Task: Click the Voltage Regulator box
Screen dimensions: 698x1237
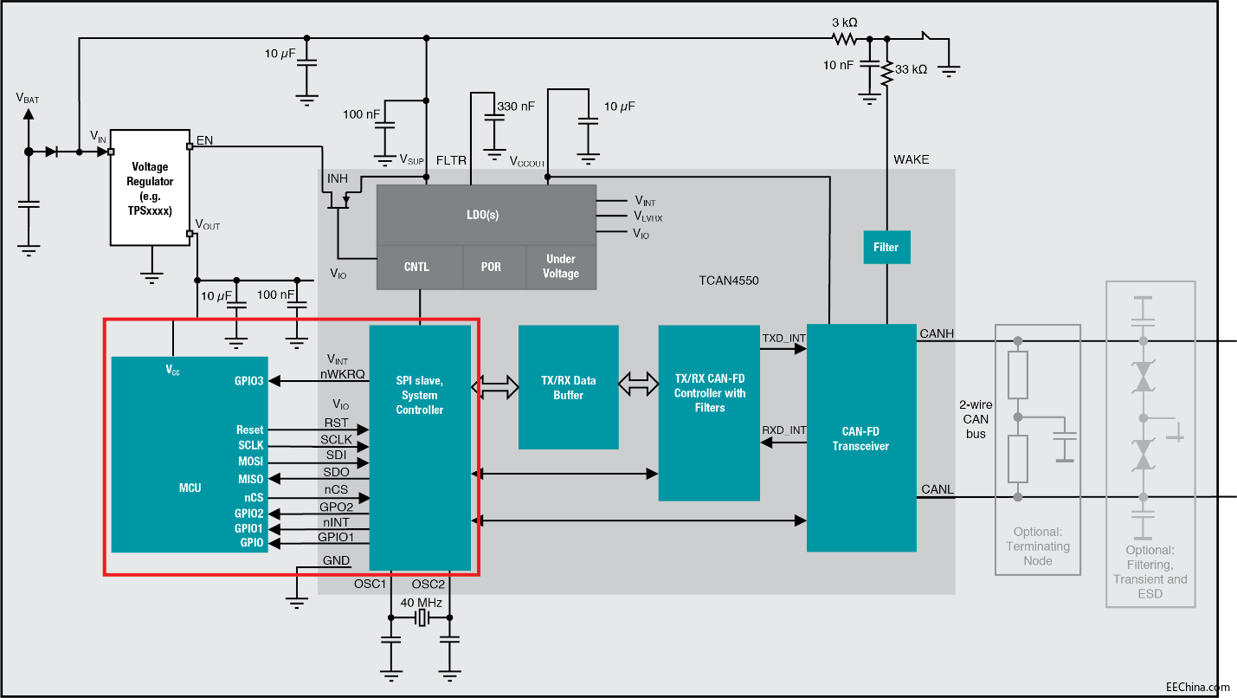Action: (151, 188)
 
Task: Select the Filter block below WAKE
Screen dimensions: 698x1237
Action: (886, 248)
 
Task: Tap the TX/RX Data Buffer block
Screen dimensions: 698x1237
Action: (568, 387)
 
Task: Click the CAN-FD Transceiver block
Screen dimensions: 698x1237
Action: (860, 438)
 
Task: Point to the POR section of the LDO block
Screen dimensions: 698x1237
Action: (491, 267)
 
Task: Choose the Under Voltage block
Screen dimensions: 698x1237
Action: (561, 267)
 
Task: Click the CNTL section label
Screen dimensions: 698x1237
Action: (416, 267)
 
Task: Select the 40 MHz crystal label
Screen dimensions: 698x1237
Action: (421, 603)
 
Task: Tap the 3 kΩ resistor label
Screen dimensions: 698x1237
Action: (844, 21)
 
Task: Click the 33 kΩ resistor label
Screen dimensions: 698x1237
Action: (911, 69)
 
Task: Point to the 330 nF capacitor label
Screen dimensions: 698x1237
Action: (516, 107)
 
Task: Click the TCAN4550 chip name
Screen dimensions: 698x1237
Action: (729, 281)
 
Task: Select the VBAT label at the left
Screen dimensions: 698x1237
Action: (28, 99)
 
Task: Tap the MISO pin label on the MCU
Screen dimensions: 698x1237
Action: (250, 479)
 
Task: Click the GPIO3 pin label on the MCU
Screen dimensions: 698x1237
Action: (248, 380)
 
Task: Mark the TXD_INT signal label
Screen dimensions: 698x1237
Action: (783, 337)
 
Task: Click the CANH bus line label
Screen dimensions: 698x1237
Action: (937, 333)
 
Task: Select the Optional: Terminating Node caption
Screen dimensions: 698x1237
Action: (1037, 546)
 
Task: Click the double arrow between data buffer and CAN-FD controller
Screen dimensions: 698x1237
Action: (638, 384)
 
